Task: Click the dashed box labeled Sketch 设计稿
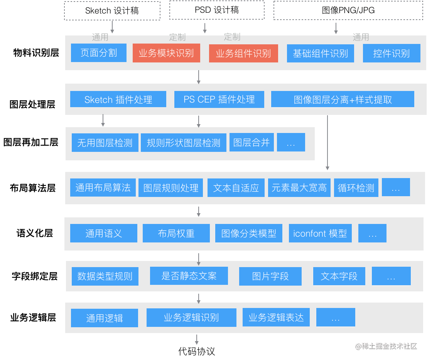click(x=112, y=11)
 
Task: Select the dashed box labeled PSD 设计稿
click(x=217, y=10)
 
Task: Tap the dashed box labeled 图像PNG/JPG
click(x=348, y=10)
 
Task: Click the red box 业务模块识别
click(x=166, y=53)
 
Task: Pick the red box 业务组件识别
click(x=243, y=53)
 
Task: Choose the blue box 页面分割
click(x=99, y=53)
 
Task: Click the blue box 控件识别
click(x=392, y=53)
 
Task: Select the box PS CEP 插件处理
click(x=219, y=99)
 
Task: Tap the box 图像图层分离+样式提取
click(x=343, y=99)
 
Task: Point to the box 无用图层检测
click(x=105, y=143)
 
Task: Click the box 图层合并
click(x=251, y=142)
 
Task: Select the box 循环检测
click(x=356, y=188)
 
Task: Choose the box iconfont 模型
click(x=320, y=233)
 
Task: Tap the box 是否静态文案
click(x=189, y=276)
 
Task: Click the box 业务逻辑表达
click(x=276, y=317)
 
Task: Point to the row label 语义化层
click(x=35, y=233)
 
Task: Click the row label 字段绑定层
click(x=35, y=276)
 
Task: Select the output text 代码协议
click(x=197, y=351)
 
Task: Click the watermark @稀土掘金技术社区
click(x=386, y=346)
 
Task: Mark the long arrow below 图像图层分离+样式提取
click(x=327, y=143)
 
